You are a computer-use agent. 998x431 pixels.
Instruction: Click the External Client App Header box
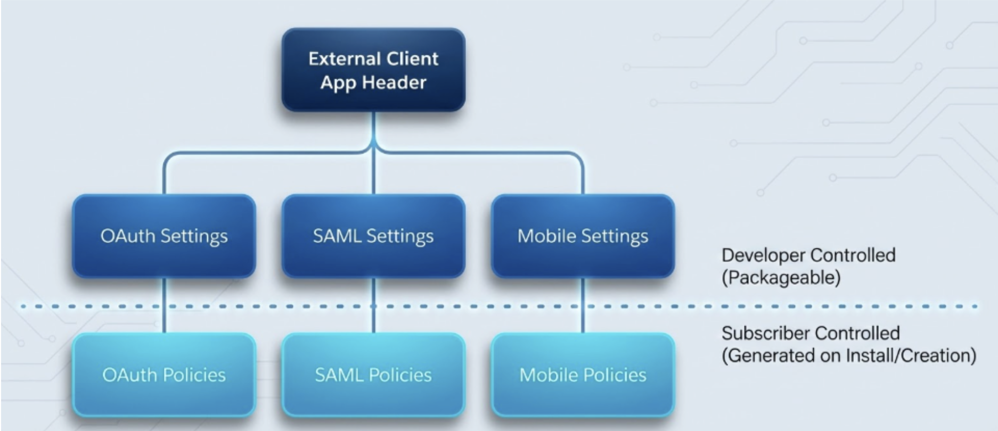pyautogui.click(x=373, y=70)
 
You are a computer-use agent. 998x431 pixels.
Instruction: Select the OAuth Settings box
pyautogui.click(x=164, y=236)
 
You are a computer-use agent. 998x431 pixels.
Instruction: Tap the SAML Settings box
pyautogui.click(x=373, y=236)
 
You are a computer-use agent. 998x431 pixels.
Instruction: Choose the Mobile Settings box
pyautogui.click(x=583, y=236)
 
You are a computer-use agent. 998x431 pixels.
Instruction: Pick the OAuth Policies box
pyautogui.click(x=164, y=375)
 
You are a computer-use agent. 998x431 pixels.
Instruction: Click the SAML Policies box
pyautogui.click(x=373, y=375)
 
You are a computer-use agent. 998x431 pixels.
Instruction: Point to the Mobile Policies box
pyautogui.click(x=583, y=375)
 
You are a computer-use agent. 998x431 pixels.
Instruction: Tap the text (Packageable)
pyautogui.click(x=781, y=278)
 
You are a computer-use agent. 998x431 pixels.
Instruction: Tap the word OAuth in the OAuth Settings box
pyautogui.click(x=128, y=236)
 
